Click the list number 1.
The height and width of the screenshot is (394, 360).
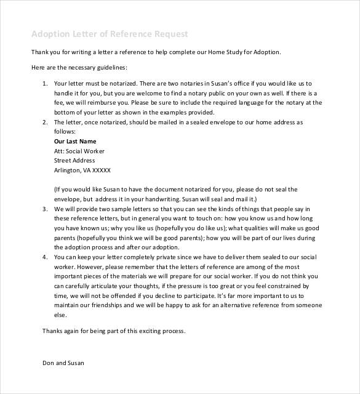(x=44, y=82)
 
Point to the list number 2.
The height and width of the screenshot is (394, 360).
(x=44, y=123)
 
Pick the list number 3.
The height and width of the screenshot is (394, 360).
(x=44, y=209)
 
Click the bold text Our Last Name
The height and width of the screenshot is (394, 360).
(x=76, y=140)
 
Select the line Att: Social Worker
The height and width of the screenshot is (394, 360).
(x=79, y=150)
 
